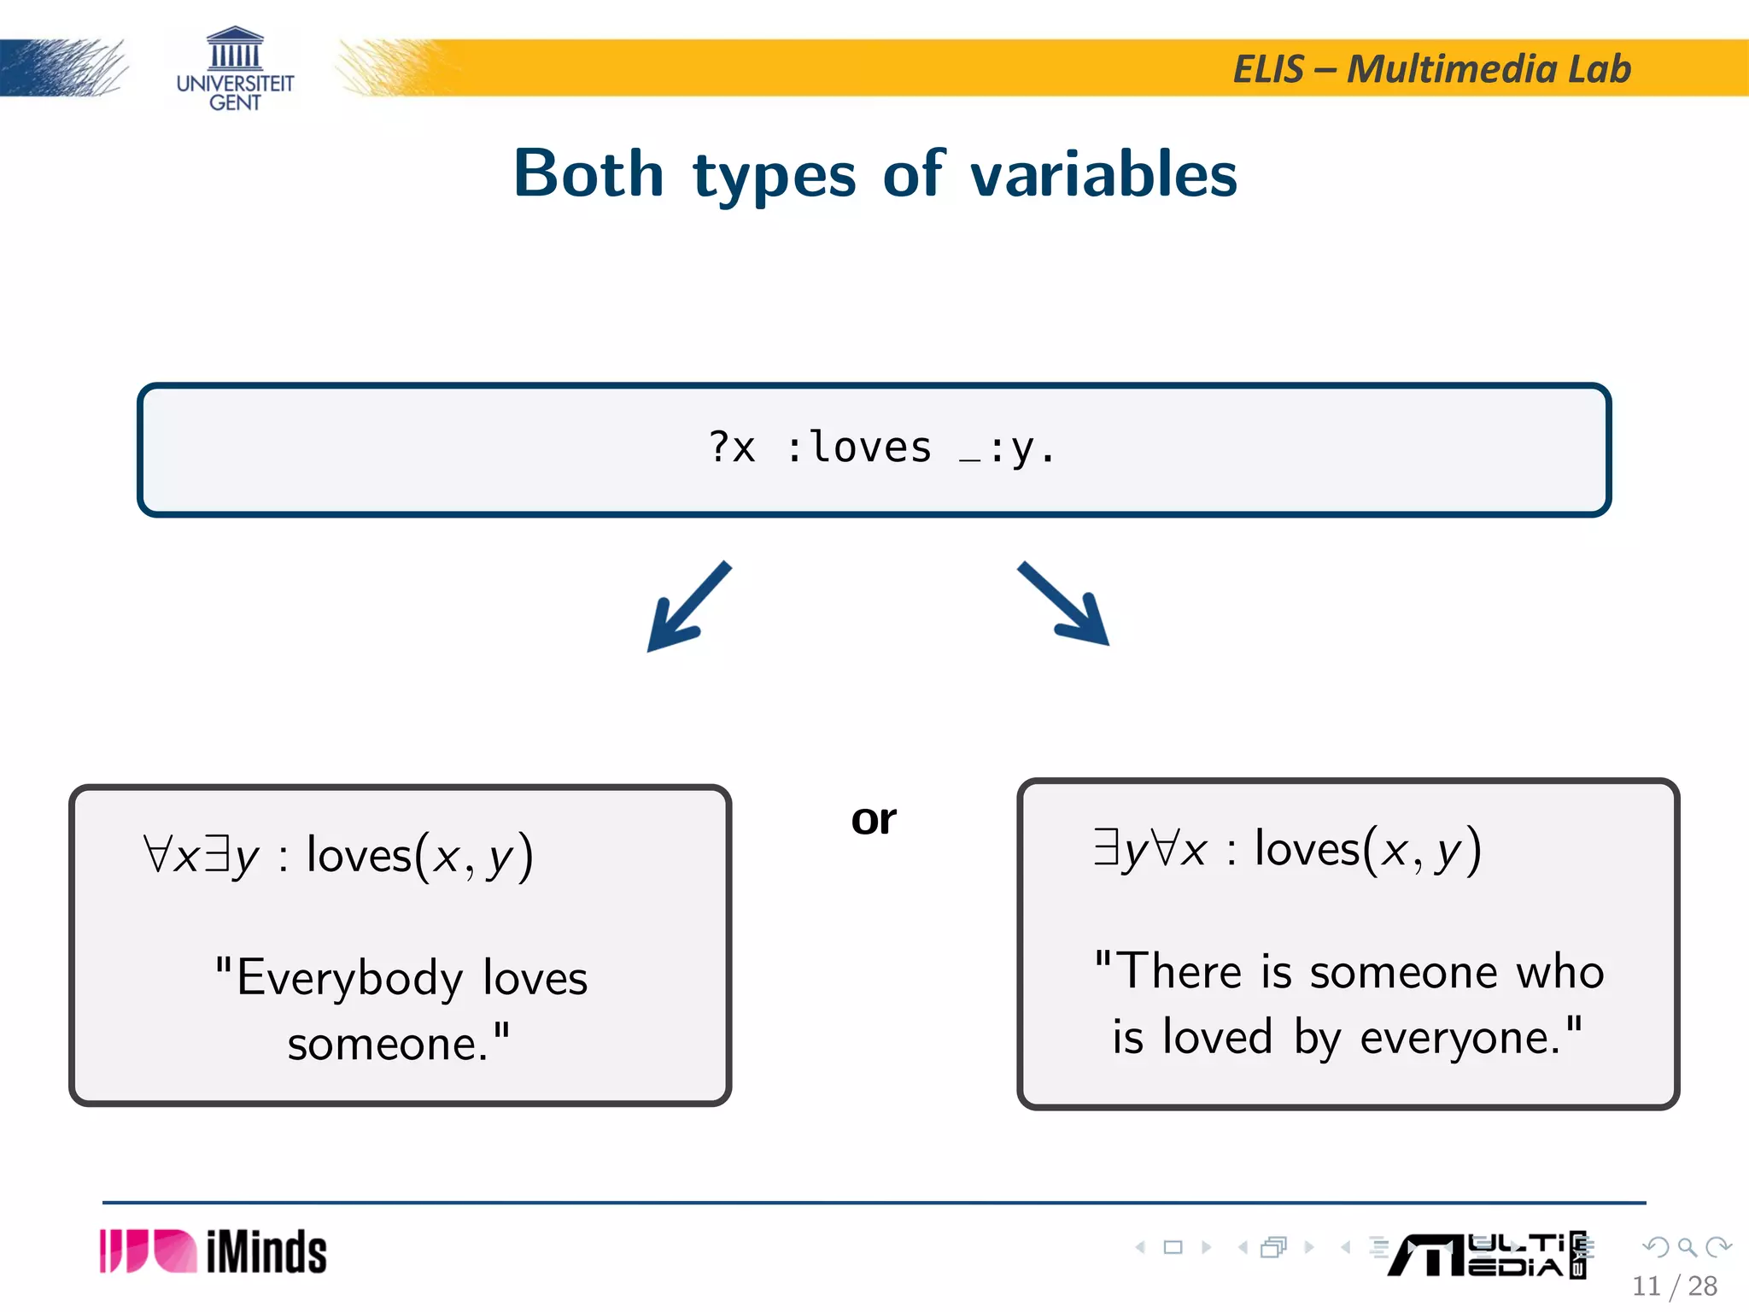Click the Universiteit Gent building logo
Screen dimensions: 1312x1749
tap(235, 49)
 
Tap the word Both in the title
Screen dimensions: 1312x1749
tap(588, 174)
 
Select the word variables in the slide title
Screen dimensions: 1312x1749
tap(1103, 174)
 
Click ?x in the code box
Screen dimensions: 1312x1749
tap(733, 448)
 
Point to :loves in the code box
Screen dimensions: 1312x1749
tap(858, 448)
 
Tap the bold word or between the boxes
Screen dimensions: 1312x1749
tap(874, 820)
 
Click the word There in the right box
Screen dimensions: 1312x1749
tap(1179, 972)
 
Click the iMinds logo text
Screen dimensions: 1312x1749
tap(266, 1253)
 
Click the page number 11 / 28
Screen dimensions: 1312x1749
tap(1674, 1286)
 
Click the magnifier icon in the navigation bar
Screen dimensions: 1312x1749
tap(1687, 1247)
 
